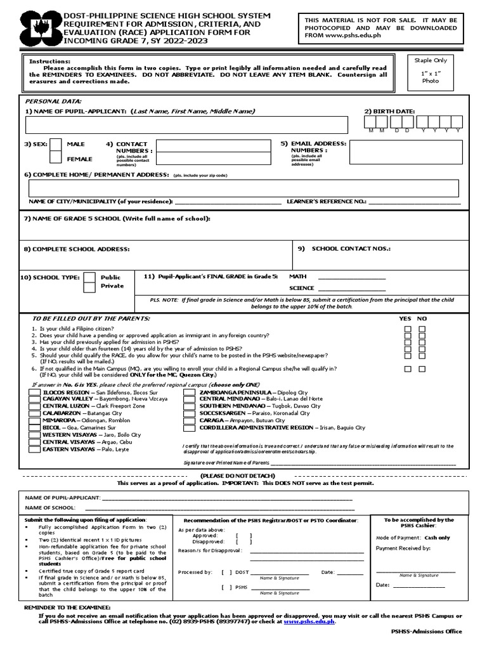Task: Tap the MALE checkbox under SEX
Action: (x=56, y=145)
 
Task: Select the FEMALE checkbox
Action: (x=56, y=158)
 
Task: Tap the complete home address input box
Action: (x=244, y=189)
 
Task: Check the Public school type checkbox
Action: (x=90, y=277)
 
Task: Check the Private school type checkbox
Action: (x=90, y=286)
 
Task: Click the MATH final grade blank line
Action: (x=351, y=277)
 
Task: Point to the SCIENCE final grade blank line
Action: (x=351, y=289)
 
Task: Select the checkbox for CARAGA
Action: (x=189, y=420)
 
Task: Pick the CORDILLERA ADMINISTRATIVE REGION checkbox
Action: (x=189, y=428)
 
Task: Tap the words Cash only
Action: (x=437, y=538)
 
